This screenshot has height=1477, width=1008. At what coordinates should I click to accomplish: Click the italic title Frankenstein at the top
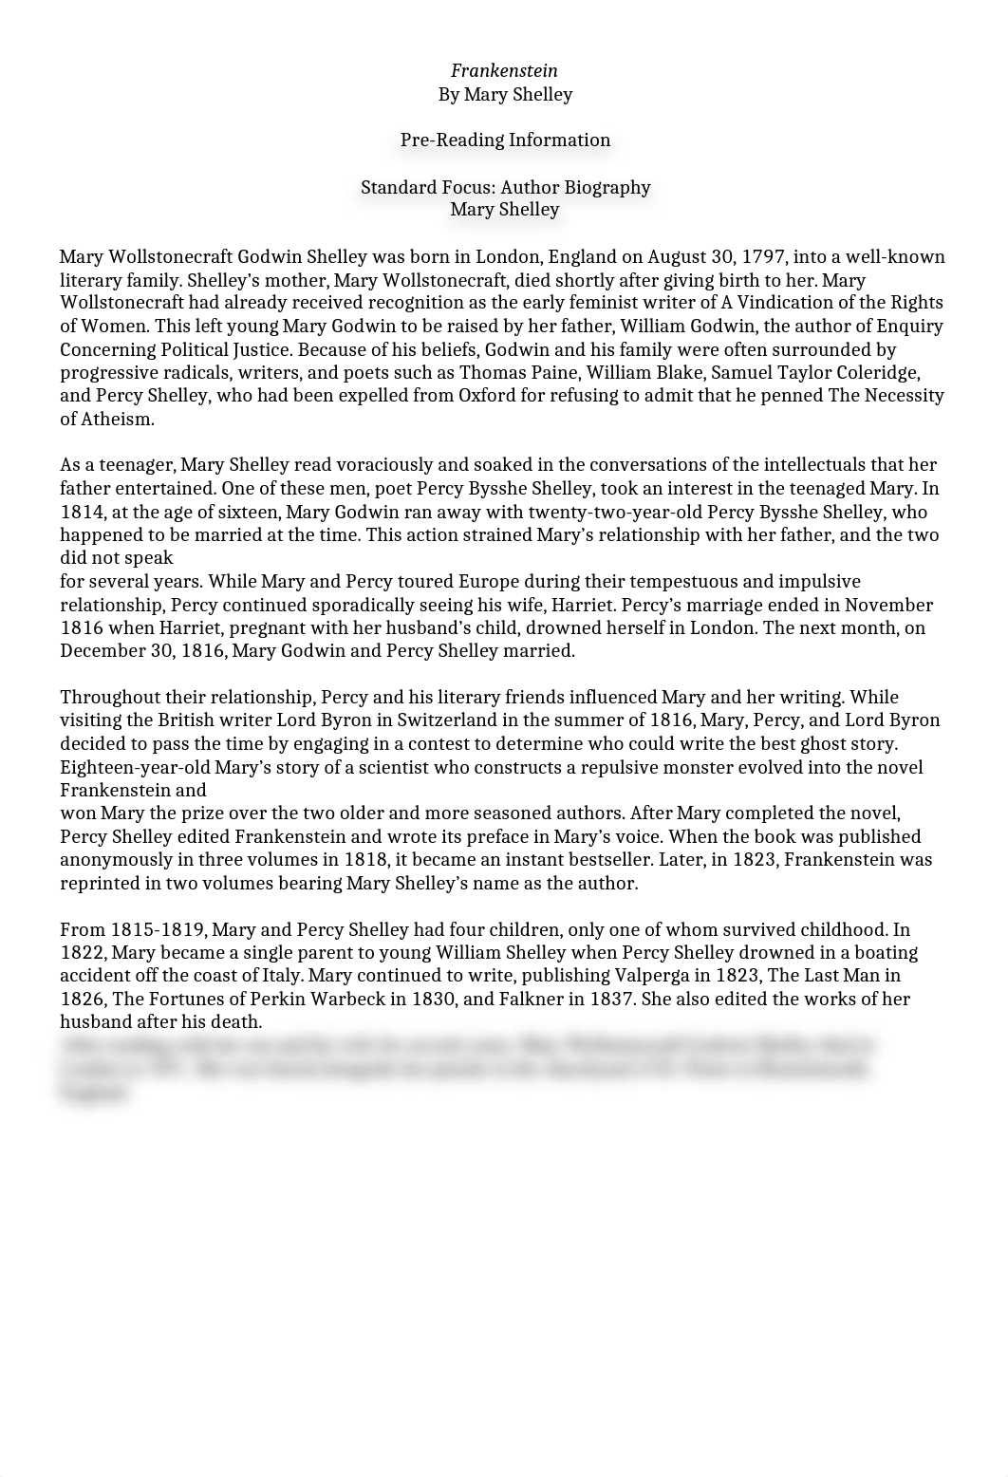click(504, 71)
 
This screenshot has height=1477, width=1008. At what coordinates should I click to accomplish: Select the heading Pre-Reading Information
click(505, 140)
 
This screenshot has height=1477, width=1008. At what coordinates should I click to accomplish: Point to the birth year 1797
click(763, 257)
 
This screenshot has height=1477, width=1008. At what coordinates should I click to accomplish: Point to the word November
click(888, 605)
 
